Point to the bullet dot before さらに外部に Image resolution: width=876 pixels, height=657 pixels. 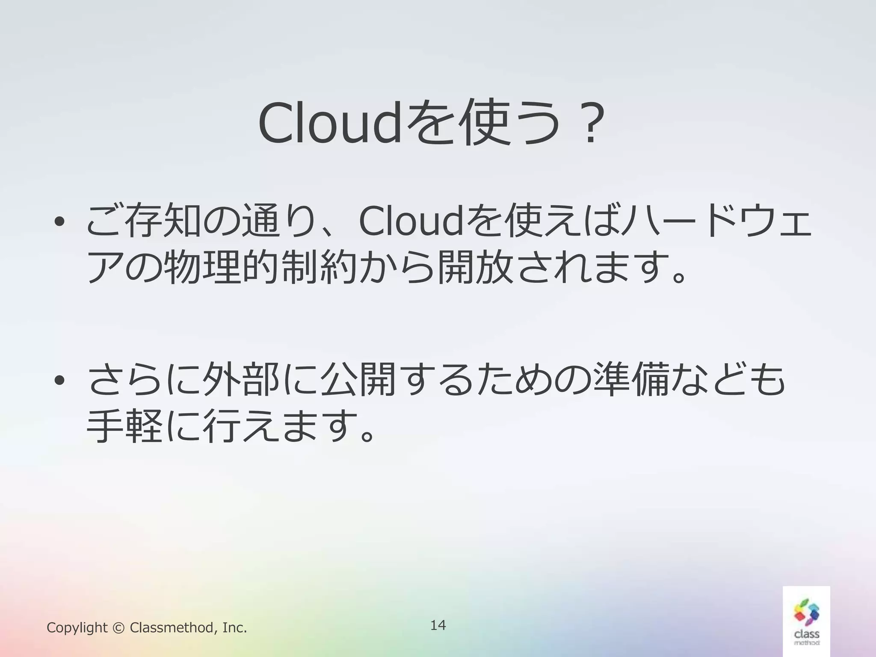coord(59,379)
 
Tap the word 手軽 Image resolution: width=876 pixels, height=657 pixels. coord(124,426)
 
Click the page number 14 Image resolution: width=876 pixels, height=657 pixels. coord(438,625)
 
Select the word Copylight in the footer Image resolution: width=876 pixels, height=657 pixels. coord(77,628)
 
